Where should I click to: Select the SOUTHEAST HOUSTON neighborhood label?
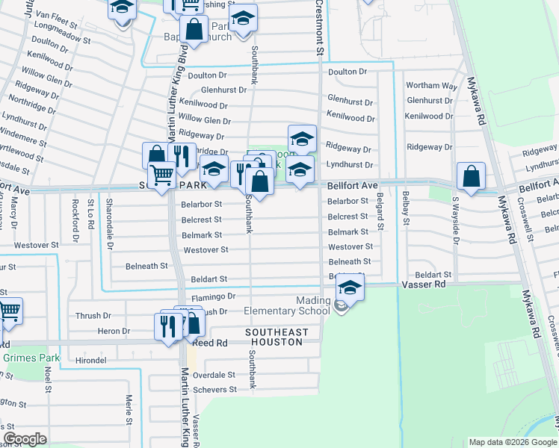pyautogui.click(x=274, y=337)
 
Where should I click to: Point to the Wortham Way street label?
pyautogui.click(x=431, y=86)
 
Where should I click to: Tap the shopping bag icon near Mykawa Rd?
pyautogui.click(x=472, y=178)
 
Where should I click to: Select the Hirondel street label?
pyautogui.click(x=90, y=359)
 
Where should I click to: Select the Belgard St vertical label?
pyautogui.click(x=380, y=209)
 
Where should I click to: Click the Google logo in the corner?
pyautogui.click(x=25, y=439)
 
